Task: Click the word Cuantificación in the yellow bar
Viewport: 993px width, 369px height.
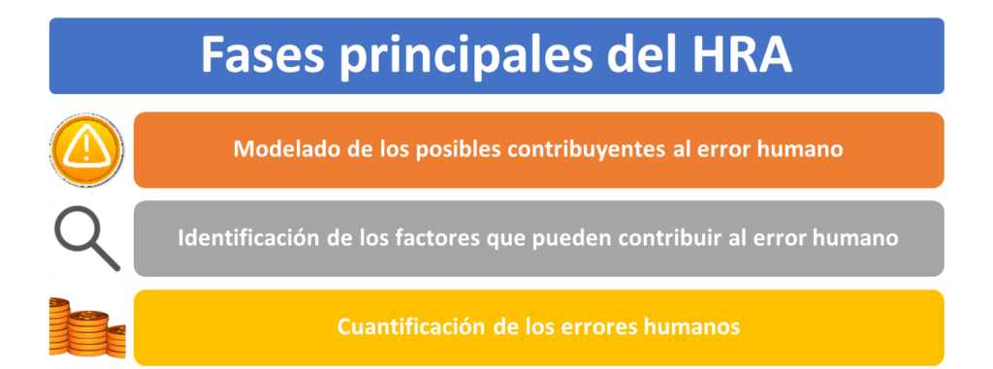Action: point(410,327)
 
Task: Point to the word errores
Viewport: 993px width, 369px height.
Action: point(597,328)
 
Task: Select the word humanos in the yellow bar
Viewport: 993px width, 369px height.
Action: point(690,327)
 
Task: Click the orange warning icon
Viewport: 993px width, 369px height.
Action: point(86,150)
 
